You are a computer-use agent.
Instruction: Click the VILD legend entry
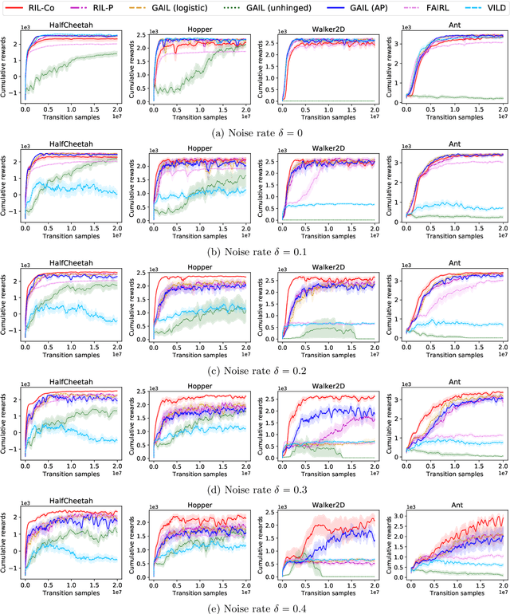tap(488, 11)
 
